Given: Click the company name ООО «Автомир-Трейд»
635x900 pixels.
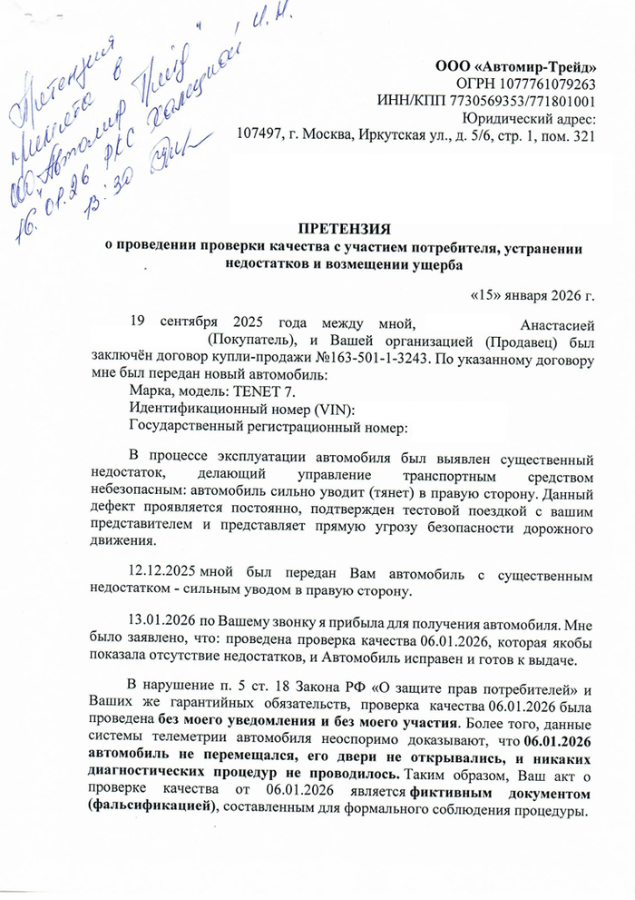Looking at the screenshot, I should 517,66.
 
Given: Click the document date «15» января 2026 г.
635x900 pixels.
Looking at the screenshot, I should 535,296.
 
